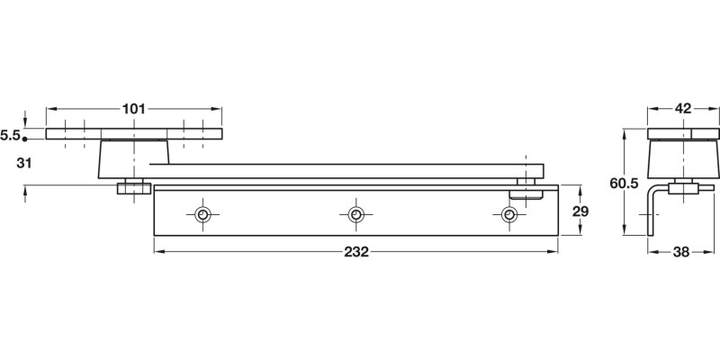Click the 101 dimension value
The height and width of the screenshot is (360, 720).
133,110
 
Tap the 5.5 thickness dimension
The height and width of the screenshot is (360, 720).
10,135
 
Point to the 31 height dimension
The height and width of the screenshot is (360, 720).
24,163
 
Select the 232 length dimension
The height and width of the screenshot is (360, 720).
356,252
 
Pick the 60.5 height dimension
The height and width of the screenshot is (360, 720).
624,183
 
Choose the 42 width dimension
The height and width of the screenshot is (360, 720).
682,109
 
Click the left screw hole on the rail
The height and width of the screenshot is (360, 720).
203,214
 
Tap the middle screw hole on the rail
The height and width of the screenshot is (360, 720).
356,214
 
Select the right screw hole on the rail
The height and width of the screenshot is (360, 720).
509,214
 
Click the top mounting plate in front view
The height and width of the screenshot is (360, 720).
134,135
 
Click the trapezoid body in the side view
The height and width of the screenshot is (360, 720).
684,160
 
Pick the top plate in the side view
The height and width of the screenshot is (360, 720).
684,135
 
